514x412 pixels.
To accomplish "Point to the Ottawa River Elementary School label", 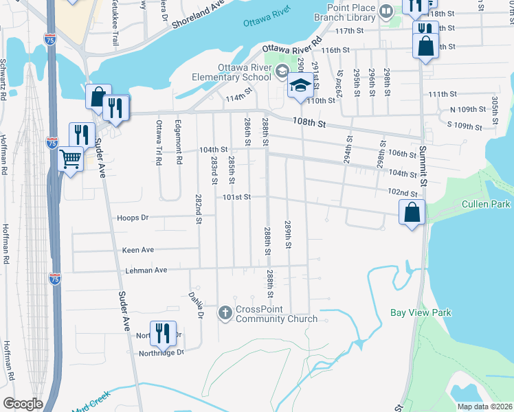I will pyautogui.click(x=245, y=72).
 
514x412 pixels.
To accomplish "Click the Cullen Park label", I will pyautogui.click(x=486, y=204).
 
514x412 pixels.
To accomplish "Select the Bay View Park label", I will pyautogui.click(x=421, y=312).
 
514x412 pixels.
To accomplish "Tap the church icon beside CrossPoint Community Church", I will pyautogui.click(x=225, y=313).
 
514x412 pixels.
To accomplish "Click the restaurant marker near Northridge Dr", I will pyautogui.click(x=163, y=334).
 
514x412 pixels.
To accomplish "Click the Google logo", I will pyautogui.click(x=23, y=404).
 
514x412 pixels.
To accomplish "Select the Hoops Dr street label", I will pyautogui.click(x=133, y=218).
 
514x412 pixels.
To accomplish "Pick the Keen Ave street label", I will pyautogui.click(x=138, y=250).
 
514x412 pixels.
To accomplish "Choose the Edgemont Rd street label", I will pyautogui.click(x=179, y=148).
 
